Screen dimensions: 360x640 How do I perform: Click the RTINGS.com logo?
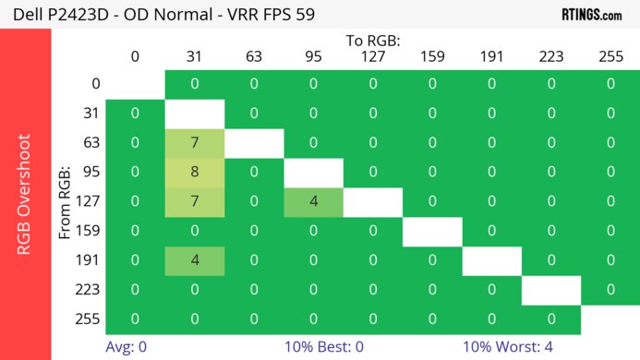(592, 14)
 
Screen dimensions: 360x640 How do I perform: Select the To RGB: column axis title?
(372, 41)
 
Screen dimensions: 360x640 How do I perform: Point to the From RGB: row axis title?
(66, 201)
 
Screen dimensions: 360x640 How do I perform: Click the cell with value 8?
(195, 172)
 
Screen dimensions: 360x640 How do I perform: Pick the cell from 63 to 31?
(195, 143)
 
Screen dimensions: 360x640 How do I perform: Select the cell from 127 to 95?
(313, 201)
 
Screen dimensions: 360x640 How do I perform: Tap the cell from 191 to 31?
(195, 260)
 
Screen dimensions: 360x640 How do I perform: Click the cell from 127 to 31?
(195, 201)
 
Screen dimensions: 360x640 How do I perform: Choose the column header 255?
(610, 56)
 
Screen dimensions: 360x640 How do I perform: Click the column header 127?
(372, 56)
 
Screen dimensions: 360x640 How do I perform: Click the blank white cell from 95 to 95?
(313, 172)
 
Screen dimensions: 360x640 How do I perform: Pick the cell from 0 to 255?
(610, 84)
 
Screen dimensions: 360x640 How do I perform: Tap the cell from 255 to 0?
(135, 319)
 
